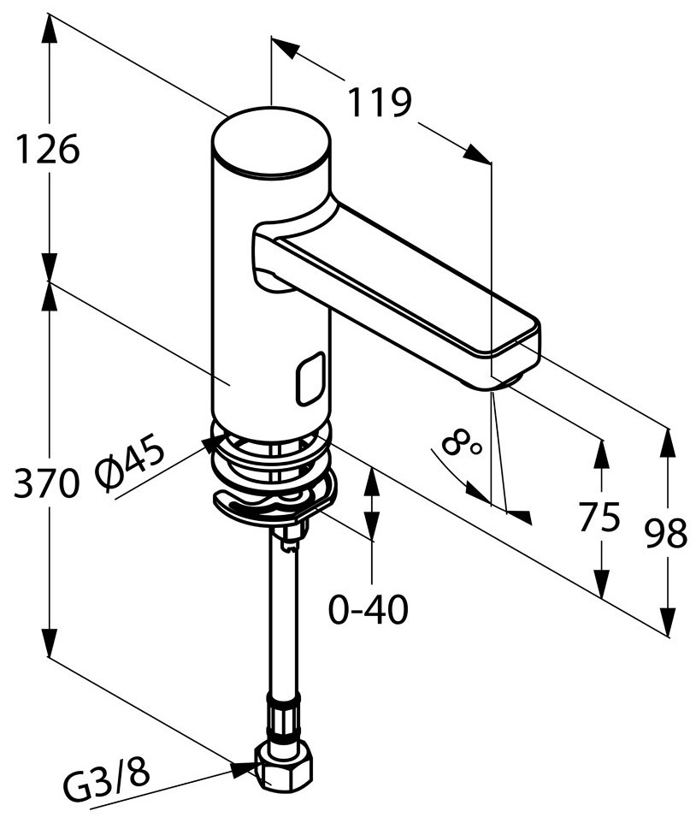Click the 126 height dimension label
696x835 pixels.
click(48, 149)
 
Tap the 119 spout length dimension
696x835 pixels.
click(380, 102)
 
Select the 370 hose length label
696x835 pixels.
click(46, 483)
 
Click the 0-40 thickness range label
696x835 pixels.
click(369, 609)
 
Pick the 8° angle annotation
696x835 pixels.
click(461, 443)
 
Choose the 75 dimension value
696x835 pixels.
click(599, 516)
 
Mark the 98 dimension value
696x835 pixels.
click(666, 534)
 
